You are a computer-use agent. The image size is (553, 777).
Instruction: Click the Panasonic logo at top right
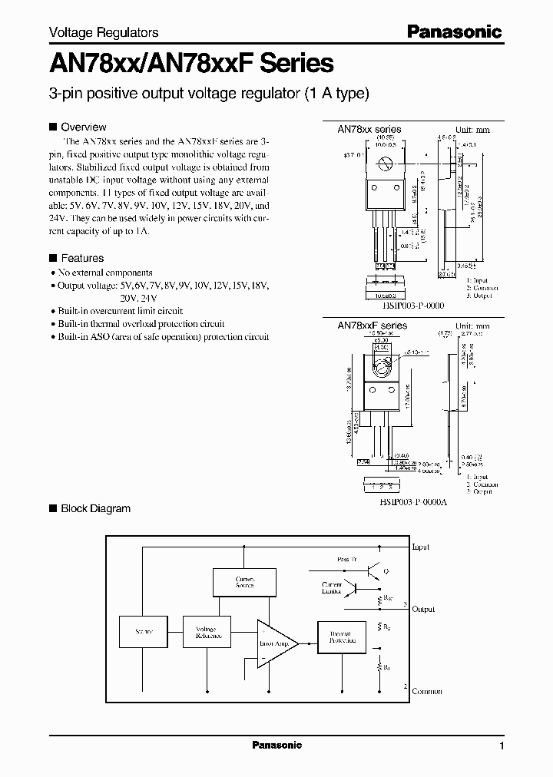pos(453,32)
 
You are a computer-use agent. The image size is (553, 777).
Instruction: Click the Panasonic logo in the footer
pos(277,745)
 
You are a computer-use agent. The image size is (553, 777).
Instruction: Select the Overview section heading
pos(83,127)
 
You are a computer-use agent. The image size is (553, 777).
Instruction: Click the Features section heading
pos(81,259)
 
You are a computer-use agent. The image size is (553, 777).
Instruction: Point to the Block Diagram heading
pos(95,508)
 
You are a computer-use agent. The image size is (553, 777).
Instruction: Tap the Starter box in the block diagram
pos(143,632)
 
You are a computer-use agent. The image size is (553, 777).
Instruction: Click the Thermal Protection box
pos(342,636)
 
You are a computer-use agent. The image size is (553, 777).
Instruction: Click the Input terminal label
pos(421,547)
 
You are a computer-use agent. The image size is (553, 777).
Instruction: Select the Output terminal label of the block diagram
pos(423,609)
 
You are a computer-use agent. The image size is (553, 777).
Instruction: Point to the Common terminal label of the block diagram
pos(426,691)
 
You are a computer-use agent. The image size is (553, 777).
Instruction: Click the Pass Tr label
pos(347,560)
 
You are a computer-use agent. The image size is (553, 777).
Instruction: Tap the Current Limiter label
pos(332,588)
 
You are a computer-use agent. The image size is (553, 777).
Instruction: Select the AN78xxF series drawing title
pos(372,326)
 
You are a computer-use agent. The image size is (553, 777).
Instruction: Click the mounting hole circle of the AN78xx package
pos(386,163)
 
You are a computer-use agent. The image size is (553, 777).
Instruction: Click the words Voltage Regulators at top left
pos(104,32)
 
